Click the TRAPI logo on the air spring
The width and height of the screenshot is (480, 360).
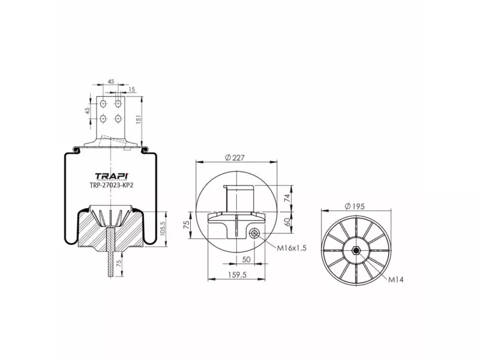click(112, 176)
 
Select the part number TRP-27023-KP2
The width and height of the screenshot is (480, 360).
click(112, 185)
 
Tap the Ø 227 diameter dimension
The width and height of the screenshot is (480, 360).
click(235, 158)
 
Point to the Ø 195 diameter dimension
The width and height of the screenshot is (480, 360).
click(355, 206)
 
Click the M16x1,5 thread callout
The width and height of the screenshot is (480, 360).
click(292, 248)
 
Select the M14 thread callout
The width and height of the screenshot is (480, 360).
click(396, 279)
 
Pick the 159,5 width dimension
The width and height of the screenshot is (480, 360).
click(237, 275)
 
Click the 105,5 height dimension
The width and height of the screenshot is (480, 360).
click(163, 229)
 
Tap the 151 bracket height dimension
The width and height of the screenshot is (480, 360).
click(139, 119)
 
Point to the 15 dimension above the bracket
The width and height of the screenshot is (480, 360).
click(131, 89)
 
